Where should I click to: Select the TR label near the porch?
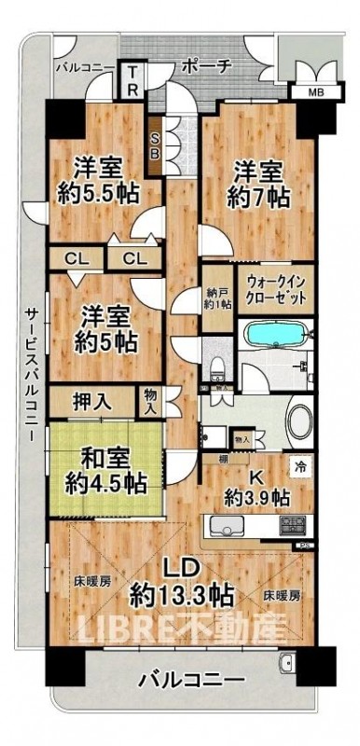(134, 81)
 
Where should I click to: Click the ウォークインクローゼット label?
(278, 291)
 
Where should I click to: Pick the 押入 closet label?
(91, 402)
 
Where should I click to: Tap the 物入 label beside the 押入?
(150, 402)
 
